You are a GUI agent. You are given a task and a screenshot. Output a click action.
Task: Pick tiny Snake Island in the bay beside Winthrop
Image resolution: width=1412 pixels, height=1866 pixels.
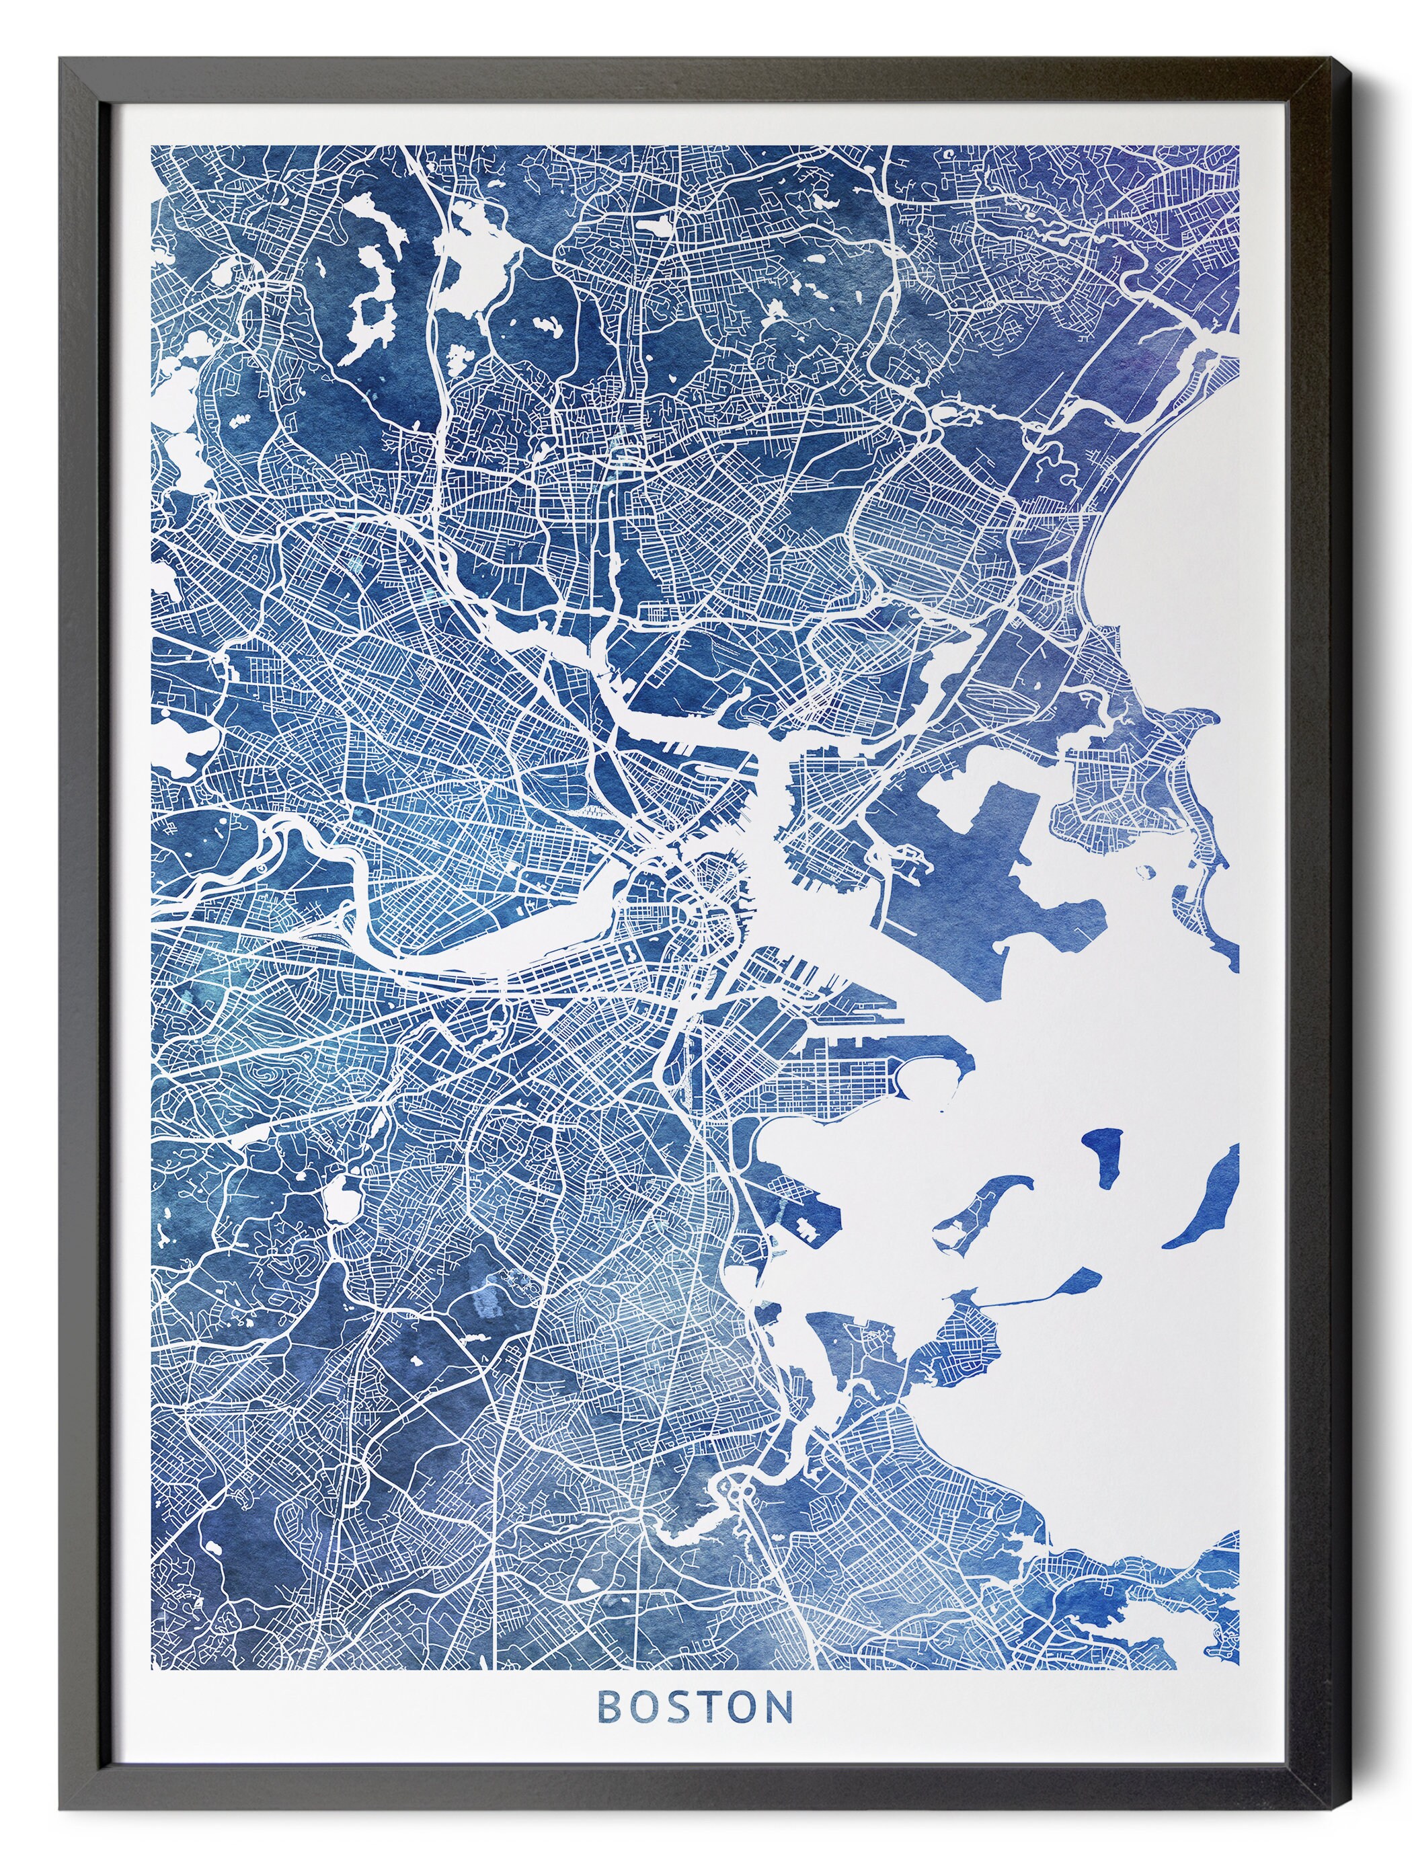click(1146, 869)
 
